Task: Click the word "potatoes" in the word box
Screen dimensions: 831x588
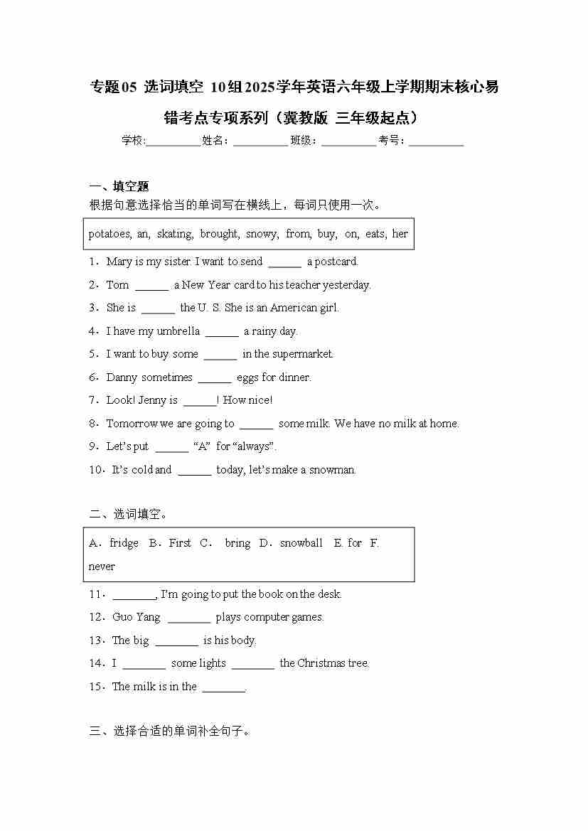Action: [109, 234]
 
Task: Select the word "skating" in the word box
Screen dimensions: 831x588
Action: [175, 234]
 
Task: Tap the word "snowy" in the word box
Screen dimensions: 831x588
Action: [262, 234]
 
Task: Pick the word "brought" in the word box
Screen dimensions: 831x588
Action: [219, 234]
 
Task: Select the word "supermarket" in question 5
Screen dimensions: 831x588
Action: [301, 354]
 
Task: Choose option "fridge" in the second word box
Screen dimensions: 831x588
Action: [124, 543]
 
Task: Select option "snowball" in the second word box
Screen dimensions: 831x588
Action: [301, 543]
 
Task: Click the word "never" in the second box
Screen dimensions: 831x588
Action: [102, 567]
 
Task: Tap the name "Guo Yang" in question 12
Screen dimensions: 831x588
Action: [137, 617]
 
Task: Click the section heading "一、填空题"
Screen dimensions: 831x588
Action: [119, 186]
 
